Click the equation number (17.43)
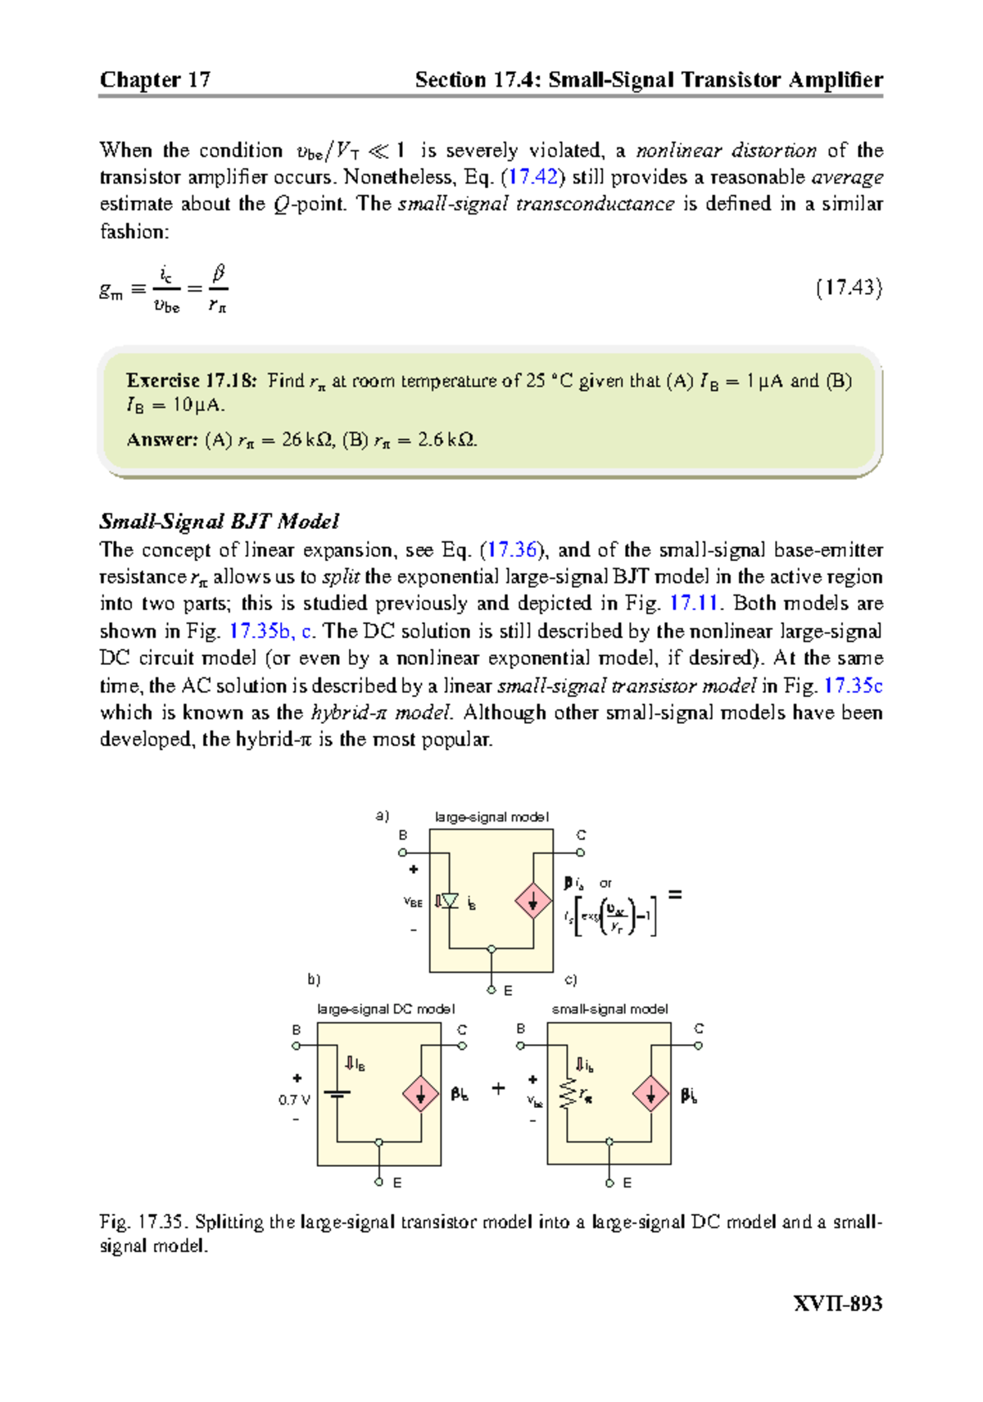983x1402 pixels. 849,287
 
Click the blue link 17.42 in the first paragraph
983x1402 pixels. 532,177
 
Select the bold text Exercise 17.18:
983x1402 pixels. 191,381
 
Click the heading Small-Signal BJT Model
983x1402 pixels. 219,522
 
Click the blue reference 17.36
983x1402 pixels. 513,549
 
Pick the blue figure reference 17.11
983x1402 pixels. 694,604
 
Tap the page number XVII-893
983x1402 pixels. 837,1304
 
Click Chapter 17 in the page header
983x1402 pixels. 155,79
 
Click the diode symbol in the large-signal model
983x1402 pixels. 449,901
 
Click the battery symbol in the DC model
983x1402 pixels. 337,1093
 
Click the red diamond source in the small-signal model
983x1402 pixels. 651,1094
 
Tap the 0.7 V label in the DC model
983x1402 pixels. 294,1100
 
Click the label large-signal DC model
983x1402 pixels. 386,1009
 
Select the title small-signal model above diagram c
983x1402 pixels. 609,1009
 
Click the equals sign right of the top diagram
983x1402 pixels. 675,895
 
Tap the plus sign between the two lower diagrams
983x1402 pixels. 498,1089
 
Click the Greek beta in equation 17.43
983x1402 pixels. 219,273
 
